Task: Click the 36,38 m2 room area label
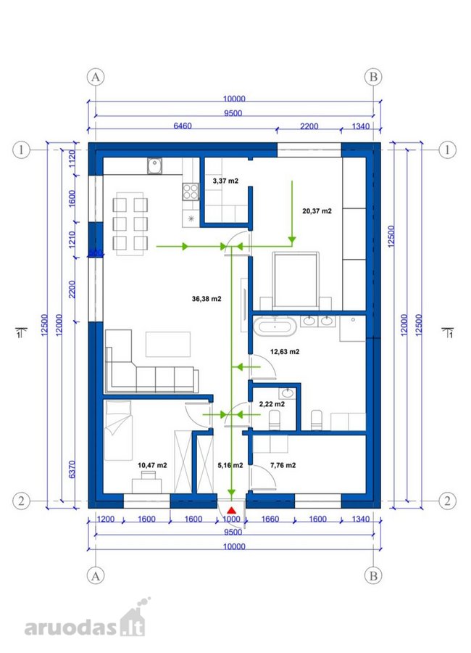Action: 207,299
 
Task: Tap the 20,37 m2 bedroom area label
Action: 317,211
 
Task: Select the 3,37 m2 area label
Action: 225,181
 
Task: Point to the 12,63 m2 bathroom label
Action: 285,351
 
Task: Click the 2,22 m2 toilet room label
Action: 272,404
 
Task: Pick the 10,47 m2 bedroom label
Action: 152,465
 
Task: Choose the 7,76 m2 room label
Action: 283,465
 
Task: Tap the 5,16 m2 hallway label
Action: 230,465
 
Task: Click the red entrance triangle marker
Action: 232,510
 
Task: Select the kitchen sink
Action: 155,166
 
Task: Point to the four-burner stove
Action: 191,192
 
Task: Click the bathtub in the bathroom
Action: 275,326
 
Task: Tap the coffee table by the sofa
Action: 167,344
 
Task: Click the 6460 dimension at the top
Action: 183,126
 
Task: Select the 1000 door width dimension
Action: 231,519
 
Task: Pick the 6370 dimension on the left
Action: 72,469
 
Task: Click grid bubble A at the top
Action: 96,77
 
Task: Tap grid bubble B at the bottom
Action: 373,575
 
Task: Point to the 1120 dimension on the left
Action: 72,159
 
